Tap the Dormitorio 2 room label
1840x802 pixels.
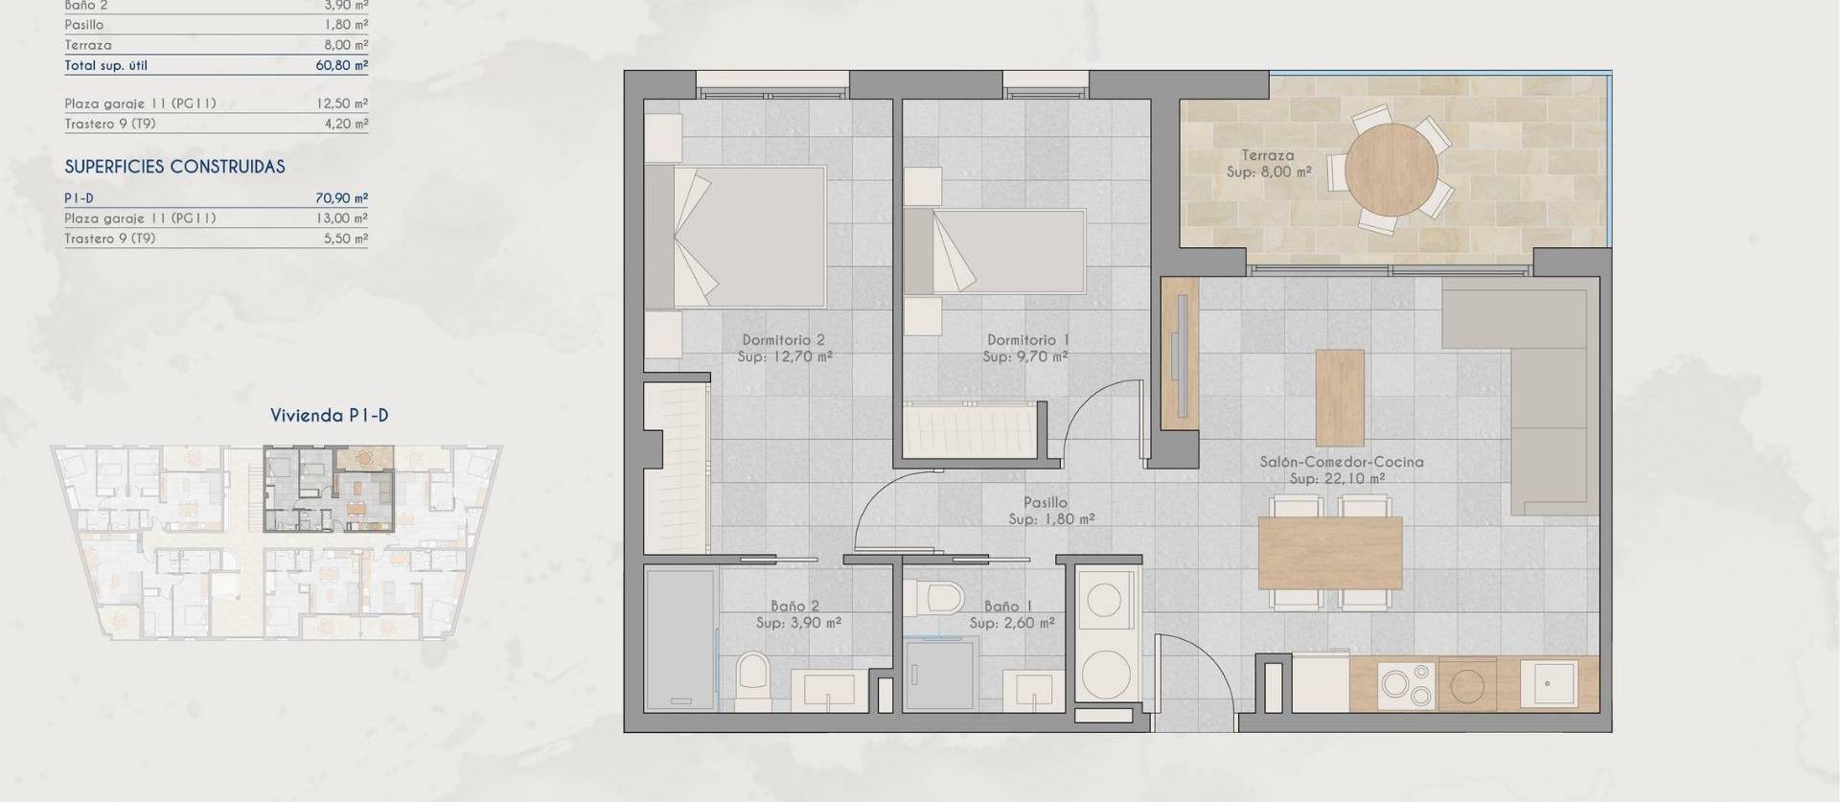click(x=783, y=339)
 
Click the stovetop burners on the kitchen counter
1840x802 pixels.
click(x=1408, y=684)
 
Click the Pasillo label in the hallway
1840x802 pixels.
click(x=1045, y=502)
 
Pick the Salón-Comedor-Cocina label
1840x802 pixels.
click(x=1341, y=462)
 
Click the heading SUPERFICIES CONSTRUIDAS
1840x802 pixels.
click(x=174, y=167)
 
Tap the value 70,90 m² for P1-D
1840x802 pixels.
click(x=341, y=198)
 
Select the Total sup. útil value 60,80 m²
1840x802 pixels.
click(x=341, y=65)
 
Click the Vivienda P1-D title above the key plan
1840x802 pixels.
click(x=329, y=415)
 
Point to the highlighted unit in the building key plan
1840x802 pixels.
click(x=329, y=489)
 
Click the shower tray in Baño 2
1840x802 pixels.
click(x=680, y=639)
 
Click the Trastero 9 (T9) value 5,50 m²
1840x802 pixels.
click(x=345, y=239)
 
